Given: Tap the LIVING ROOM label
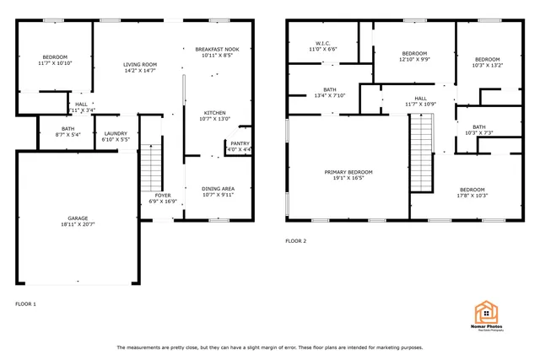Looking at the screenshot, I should pos(140,64).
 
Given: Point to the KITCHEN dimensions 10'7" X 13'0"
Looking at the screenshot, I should pos(215,119).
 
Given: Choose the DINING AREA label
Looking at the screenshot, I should pos(218,188).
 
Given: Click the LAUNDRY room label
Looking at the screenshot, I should pos(116,133).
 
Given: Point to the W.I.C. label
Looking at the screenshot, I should pos(322,43).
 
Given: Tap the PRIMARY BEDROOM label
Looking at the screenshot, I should pos(348,172).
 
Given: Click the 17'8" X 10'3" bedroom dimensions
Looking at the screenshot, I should pos(472,196).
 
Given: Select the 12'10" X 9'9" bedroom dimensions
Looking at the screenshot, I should pos(414,60).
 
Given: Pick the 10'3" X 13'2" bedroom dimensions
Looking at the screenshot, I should pos(487,66).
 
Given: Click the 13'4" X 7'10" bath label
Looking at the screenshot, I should pos(330,96).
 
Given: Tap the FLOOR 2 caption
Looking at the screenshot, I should pos(295,241).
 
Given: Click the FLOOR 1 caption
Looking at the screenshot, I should pos(26,304).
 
